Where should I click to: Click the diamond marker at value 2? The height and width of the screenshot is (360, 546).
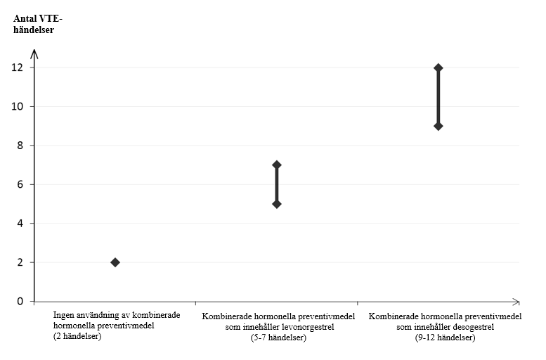click(115, 262)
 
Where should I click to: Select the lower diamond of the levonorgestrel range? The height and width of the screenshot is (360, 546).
click(276, 204)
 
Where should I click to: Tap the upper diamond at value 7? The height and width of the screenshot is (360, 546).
click(276, 165)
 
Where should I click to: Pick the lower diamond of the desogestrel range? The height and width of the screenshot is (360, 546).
click(438, 126)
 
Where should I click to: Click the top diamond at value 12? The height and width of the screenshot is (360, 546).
click(438, 67)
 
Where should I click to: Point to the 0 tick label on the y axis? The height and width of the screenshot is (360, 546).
click(20, 301)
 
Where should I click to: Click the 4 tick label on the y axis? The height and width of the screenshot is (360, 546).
click(20, 223)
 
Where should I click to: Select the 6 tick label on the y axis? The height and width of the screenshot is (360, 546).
click(20, 184)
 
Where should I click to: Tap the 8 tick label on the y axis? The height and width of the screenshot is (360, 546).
click(20, 145)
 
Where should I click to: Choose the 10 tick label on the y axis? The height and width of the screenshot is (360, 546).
click(18, 106)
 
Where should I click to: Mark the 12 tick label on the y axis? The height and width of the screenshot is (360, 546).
click(18, 67)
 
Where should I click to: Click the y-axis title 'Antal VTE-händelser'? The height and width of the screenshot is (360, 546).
click(38, 24)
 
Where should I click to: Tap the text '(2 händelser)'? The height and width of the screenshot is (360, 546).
click(77, 336)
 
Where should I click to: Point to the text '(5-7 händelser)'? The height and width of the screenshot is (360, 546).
click(278, 337)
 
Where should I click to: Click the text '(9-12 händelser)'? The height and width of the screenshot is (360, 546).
click(445, 337)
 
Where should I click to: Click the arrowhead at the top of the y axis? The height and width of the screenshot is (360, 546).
click(34, 53)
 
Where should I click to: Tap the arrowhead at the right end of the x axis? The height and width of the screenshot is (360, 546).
click(516, 302)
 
